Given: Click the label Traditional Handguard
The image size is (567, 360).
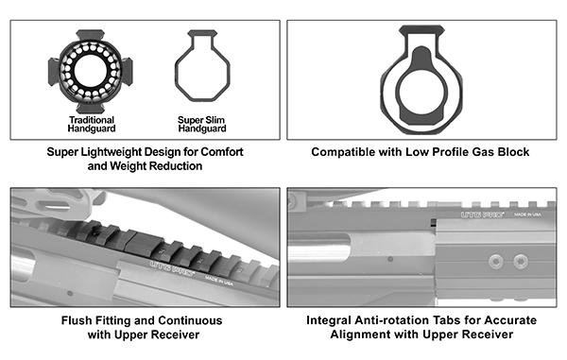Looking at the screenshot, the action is tap(92, 125).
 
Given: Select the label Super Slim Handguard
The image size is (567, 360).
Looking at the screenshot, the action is tap(202, 125).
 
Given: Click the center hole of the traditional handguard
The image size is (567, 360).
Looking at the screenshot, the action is tap(91, 71).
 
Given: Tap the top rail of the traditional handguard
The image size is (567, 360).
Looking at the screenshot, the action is tap(91, 35).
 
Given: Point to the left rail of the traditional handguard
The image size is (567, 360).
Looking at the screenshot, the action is tap(53, 71).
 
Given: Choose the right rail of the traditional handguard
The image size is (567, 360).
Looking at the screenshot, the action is tap(128, 71).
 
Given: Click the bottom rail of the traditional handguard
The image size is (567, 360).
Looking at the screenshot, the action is tap(91, 108).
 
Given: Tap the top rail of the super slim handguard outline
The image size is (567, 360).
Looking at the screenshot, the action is tap(202, 33).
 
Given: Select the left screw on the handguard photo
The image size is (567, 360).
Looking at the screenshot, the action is tap(495, 261).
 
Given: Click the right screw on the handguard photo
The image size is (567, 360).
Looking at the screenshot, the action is tap(521, 261).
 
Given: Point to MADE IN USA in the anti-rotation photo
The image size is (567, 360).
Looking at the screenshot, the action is tap(528, 214).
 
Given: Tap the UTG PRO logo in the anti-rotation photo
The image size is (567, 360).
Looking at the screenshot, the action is tap(483, 214).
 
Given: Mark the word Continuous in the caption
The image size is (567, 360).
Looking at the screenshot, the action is tap(190, 320).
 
